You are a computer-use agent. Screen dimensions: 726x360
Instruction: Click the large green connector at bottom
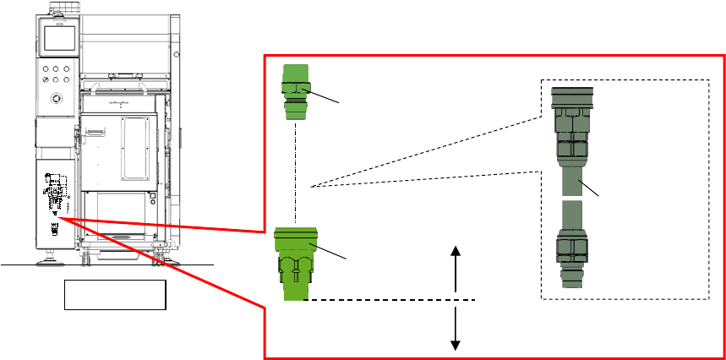point(295,264)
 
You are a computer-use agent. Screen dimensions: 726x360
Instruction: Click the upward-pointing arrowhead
point(456,251)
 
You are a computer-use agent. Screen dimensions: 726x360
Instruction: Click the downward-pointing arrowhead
point(456,343)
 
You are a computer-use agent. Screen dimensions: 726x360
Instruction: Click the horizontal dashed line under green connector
point(389,299)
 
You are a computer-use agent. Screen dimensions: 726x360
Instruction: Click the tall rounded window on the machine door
point(134,148)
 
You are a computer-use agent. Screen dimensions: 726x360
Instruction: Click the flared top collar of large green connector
point(295,237)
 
